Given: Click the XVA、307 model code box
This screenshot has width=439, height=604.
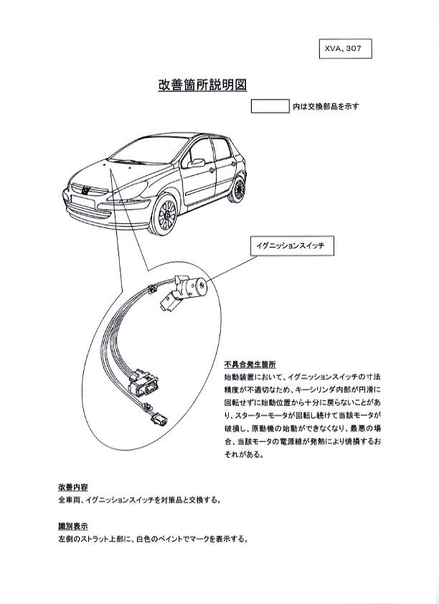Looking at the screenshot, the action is pos(346,49).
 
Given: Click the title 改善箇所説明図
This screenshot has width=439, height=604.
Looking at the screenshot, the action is pos(202,85).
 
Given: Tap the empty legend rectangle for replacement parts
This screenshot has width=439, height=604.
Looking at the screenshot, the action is pos(270,106).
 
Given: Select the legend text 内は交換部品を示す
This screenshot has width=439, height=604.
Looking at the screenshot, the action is pos(326,106).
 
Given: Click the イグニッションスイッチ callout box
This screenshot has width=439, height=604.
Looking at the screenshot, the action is pos(292,246).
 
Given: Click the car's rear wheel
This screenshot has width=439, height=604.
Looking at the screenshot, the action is pos(238,189).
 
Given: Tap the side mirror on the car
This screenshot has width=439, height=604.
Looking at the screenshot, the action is pos(196,163).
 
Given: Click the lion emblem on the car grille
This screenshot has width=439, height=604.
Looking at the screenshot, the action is pos(85,189).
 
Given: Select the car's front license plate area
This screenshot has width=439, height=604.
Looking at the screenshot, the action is pos(82,200).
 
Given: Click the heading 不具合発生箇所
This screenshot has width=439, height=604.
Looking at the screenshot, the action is pos(250,364).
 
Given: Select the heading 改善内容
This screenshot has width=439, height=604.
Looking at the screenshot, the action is pos(73,487).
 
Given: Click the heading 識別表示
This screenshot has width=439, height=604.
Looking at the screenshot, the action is pos(73,525).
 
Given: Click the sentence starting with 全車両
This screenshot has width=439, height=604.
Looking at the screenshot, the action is pos(140,501).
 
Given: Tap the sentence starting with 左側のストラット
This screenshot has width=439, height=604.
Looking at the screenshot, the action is pos(153,539).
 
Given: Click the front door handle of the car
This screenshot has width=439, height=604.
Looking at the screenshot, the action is pos(212,169).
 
